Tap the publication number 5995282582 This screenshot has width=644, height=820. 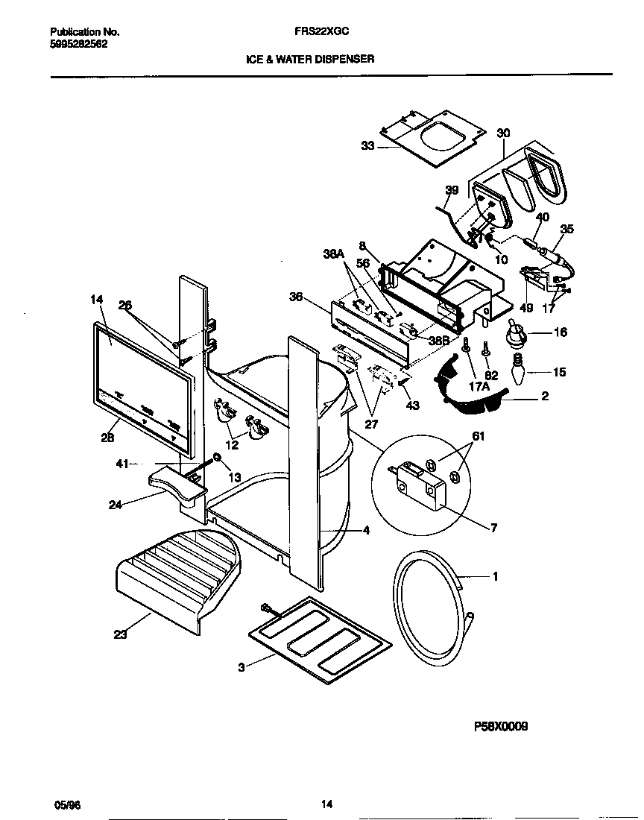click(78, 44)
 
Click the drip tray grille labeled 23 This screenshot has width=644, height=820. click(176, 575)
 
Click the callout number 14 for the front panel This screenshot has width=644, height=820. click(96, 300)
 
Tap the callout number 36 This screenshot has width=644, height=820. click(297, 296)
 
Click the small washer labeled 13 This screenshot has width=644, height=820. click(216, 457)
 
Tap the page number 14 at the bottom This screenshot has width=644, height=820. click(326, 804)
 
